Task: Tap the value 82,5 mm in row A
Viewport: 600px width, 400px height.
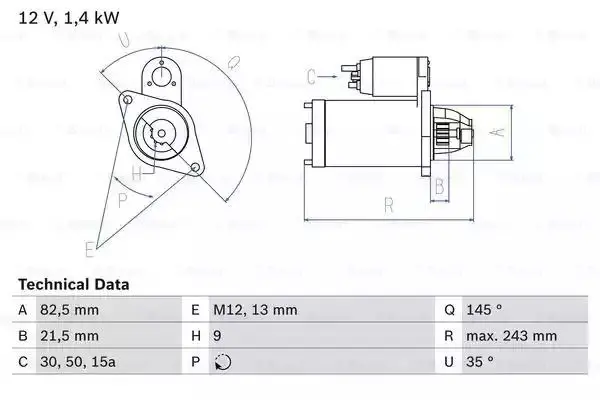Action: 69,310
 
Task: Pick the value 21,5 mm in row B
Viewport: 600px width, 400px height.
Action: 69,336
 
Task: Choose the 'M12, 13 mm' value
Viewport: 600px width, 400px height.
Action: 258,310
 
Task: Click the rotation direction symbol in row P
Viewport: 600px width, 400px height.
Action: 222,362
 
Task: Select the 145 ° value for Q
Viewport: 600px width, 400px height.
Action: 485,310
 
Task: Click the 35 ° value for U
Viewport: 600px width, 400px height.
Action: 481,362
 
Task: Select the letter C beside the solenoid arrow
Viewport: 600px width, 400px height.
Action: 311,74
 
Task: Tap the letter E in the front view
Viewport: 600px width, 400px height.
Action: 89,248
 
